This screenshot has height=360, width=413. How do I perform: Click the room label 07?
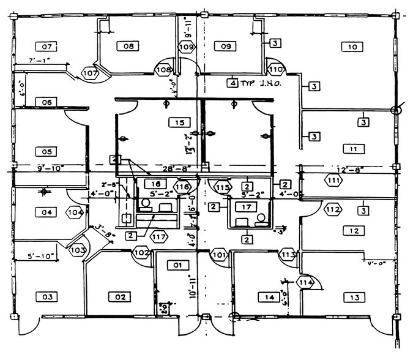point(45,46)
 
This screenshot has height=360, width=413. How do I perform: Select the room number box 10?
point(352,47)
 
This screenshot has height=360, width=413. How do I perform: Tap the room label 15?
point(179,123)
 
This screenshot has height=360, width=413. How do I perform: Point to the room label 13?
point(354,298)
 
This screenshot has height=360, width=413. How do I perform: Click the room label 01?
point(177,265)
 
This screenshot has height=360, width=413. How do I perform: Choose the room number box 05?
point(45,151)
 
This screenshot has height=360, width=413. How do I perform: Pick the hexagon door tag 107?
point(90,73)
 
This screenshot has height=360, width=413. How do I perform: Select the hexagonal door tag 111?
point(333,181)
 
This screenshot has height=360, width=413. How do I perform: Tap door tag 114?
point(305,282)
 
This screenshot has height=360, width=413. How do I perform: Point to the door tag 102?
point(141,252)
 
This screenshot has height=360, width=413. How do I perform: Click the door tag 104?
point(74,212)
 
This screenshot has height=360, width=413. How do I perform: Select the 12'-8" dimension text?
point(351,168)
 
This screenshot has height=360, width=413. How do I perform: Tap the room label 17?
point(245,208)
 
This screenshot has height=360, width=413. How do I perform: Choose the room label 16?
point(155,183)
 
